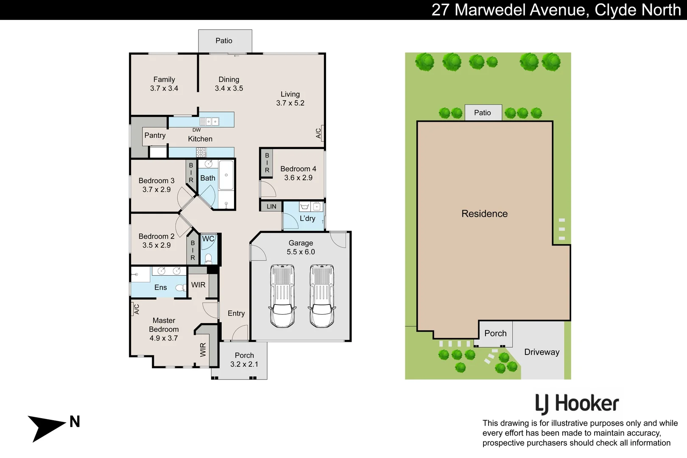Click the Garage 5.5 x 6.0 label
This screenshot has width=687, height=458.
click(301, 247)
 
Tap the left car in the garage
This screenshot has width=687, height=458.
click(282, 296)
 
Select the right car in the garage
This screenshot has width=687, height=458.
click(321, 296)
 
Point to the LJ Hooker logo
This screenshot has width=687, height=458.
click(577, 404)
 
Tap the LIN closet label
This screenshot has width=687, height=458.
click(271, 207)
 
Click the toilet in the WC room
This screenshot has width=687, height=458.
click(208, 258)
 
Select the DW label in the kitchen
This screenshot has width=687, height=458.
click(196, 130)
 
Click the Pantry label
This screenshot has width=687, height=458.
click(155, 135)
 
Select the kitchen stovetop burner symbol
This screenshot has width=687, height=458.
click(201, 152)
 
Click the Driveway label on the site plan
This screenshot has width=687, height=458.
click(542, 352)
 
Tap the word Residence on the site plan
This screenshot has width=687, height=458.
click(484, 214)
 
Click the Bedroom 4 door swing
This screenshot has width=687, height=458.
click(267, 189)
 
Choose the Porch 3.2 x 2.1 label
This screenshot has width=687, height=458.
click(244, 360)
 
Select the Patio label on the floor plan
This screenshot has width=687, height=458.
click(224, 41)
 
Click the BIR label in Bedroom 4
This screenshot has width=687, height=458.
click(267, 163)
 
